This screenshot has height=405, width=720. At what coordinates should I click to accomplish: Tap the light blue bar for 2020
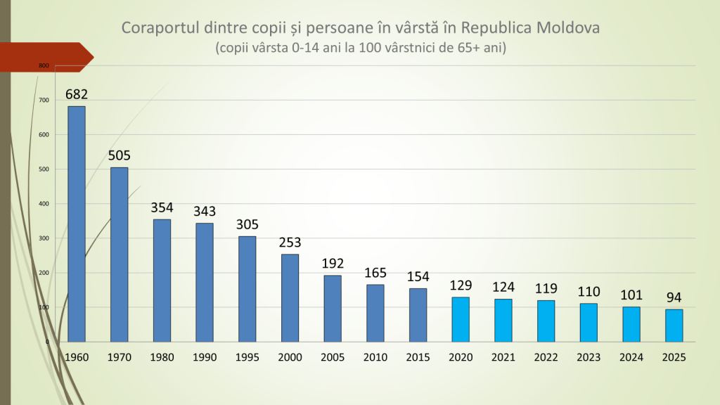(461, 319)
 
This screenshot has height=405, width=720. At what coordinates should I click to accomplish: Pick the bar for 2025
(674, 326)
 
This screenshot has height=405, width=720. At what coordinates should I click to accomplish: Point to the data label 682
(77, 94)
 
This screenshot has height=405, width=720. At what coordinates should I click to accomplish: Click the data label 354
(162, 207)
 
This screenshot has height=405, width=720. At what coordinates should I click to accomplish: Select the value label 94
(674, 297)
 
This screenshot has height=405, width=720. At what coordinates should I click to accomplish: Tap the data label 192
(333, 263)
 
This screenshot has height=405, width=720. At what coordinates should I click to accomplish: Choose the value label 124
(503, 287)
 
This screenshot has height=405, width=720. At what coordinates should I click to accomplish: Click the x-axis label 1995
(247, 357)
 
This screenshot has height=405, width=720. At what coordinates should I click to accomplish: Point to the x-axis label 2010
(375, 357)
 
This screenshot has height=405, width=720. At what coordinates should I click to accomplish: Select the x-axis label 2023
(589, 357)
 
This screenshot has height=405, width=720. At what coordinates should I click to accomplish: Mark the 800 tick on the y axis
(44, 66)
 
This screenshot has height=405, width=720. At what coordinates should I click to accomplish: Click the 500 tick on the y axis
(44, 169)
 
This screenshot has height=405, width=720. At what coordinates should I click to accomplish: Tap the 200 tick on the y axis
(44, 273)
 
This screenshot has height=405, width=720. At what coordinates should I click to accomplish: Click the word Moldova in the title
(567, 28)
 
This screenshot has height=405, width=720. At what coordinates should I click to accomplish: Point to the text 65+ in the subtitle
(463, 49)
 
